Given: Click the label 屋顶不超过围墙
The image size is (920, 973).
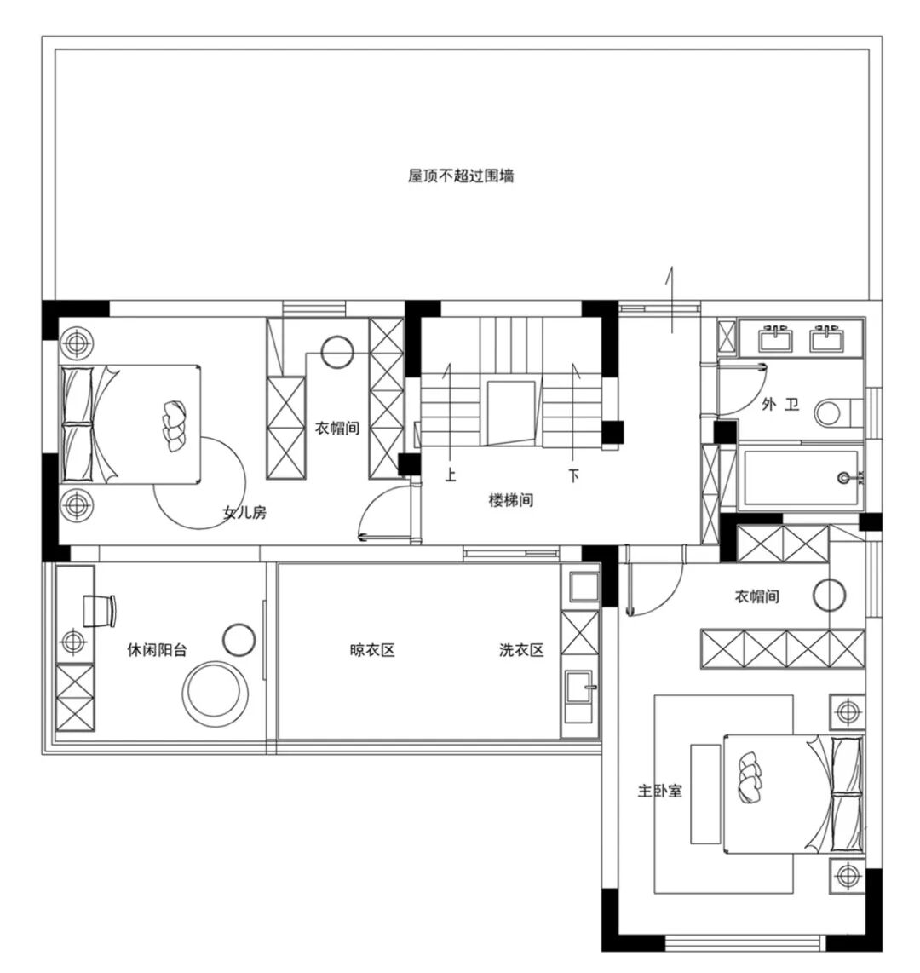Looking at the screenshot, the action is (x=460, y=176).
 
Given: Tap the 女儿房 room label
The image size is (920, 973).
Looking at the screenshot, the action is (x=244, y=513).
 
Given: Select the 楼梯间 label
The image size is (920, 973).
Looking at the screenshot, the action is (x=510, y=500).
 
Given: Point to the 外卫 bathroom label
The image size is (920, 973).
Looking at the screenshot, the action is (x=779, y=405).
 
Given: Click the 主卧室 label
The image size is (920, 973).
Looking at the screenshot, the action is (x=660, y=791).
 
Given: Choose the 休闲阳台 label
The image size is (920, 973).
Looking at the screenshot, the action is (x=157, y=650).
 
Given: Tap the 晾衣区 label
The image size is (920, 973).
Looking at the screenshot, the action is (x=372, y=650).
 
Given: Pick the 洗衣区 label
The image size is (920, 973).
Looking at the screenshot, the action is (x=521, y=650).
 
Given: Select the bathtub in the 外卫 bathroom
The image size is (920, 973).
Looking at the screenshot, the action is (x=800, y=477).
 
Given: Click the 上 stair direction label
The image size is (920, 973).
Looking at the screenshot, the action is (x=451, y=475).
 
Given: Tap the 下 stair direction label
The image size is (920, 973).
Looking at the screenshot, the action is (x=574, y=475).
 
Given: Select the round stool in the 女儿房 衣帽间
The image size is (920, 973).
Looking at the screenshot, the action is (x=337, y=352).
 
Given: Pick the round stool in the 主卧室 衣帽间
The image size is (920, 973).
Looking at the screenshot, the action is (x=829, y=595).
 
